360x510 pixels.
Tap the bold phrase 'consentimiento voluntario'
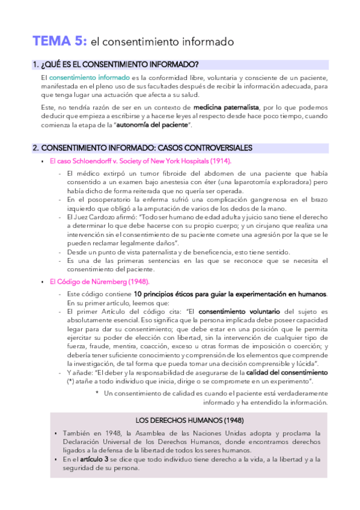[x=239, y=312]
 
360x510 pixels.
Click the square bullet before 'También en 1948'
[x=55, y=433]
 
